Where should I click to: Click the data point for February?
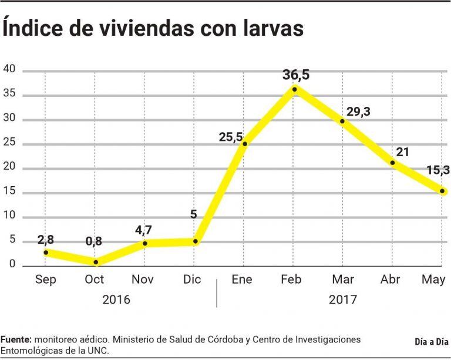tap(294, 89)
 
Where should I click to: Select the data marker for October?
tap(96, 262)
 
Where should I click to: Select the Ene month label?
tap(241, 280)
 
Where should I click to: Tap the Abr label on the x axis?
tap(391, 280)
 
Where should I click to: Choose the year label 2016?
tap(116, 299)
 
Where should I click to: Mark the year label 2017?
tap(343, 299)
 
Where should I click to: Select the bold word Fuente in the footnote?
tap(16, 340)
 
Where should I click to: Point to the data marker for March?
tap(342, 121)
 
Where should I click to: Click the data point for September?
tap(46, 253)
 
